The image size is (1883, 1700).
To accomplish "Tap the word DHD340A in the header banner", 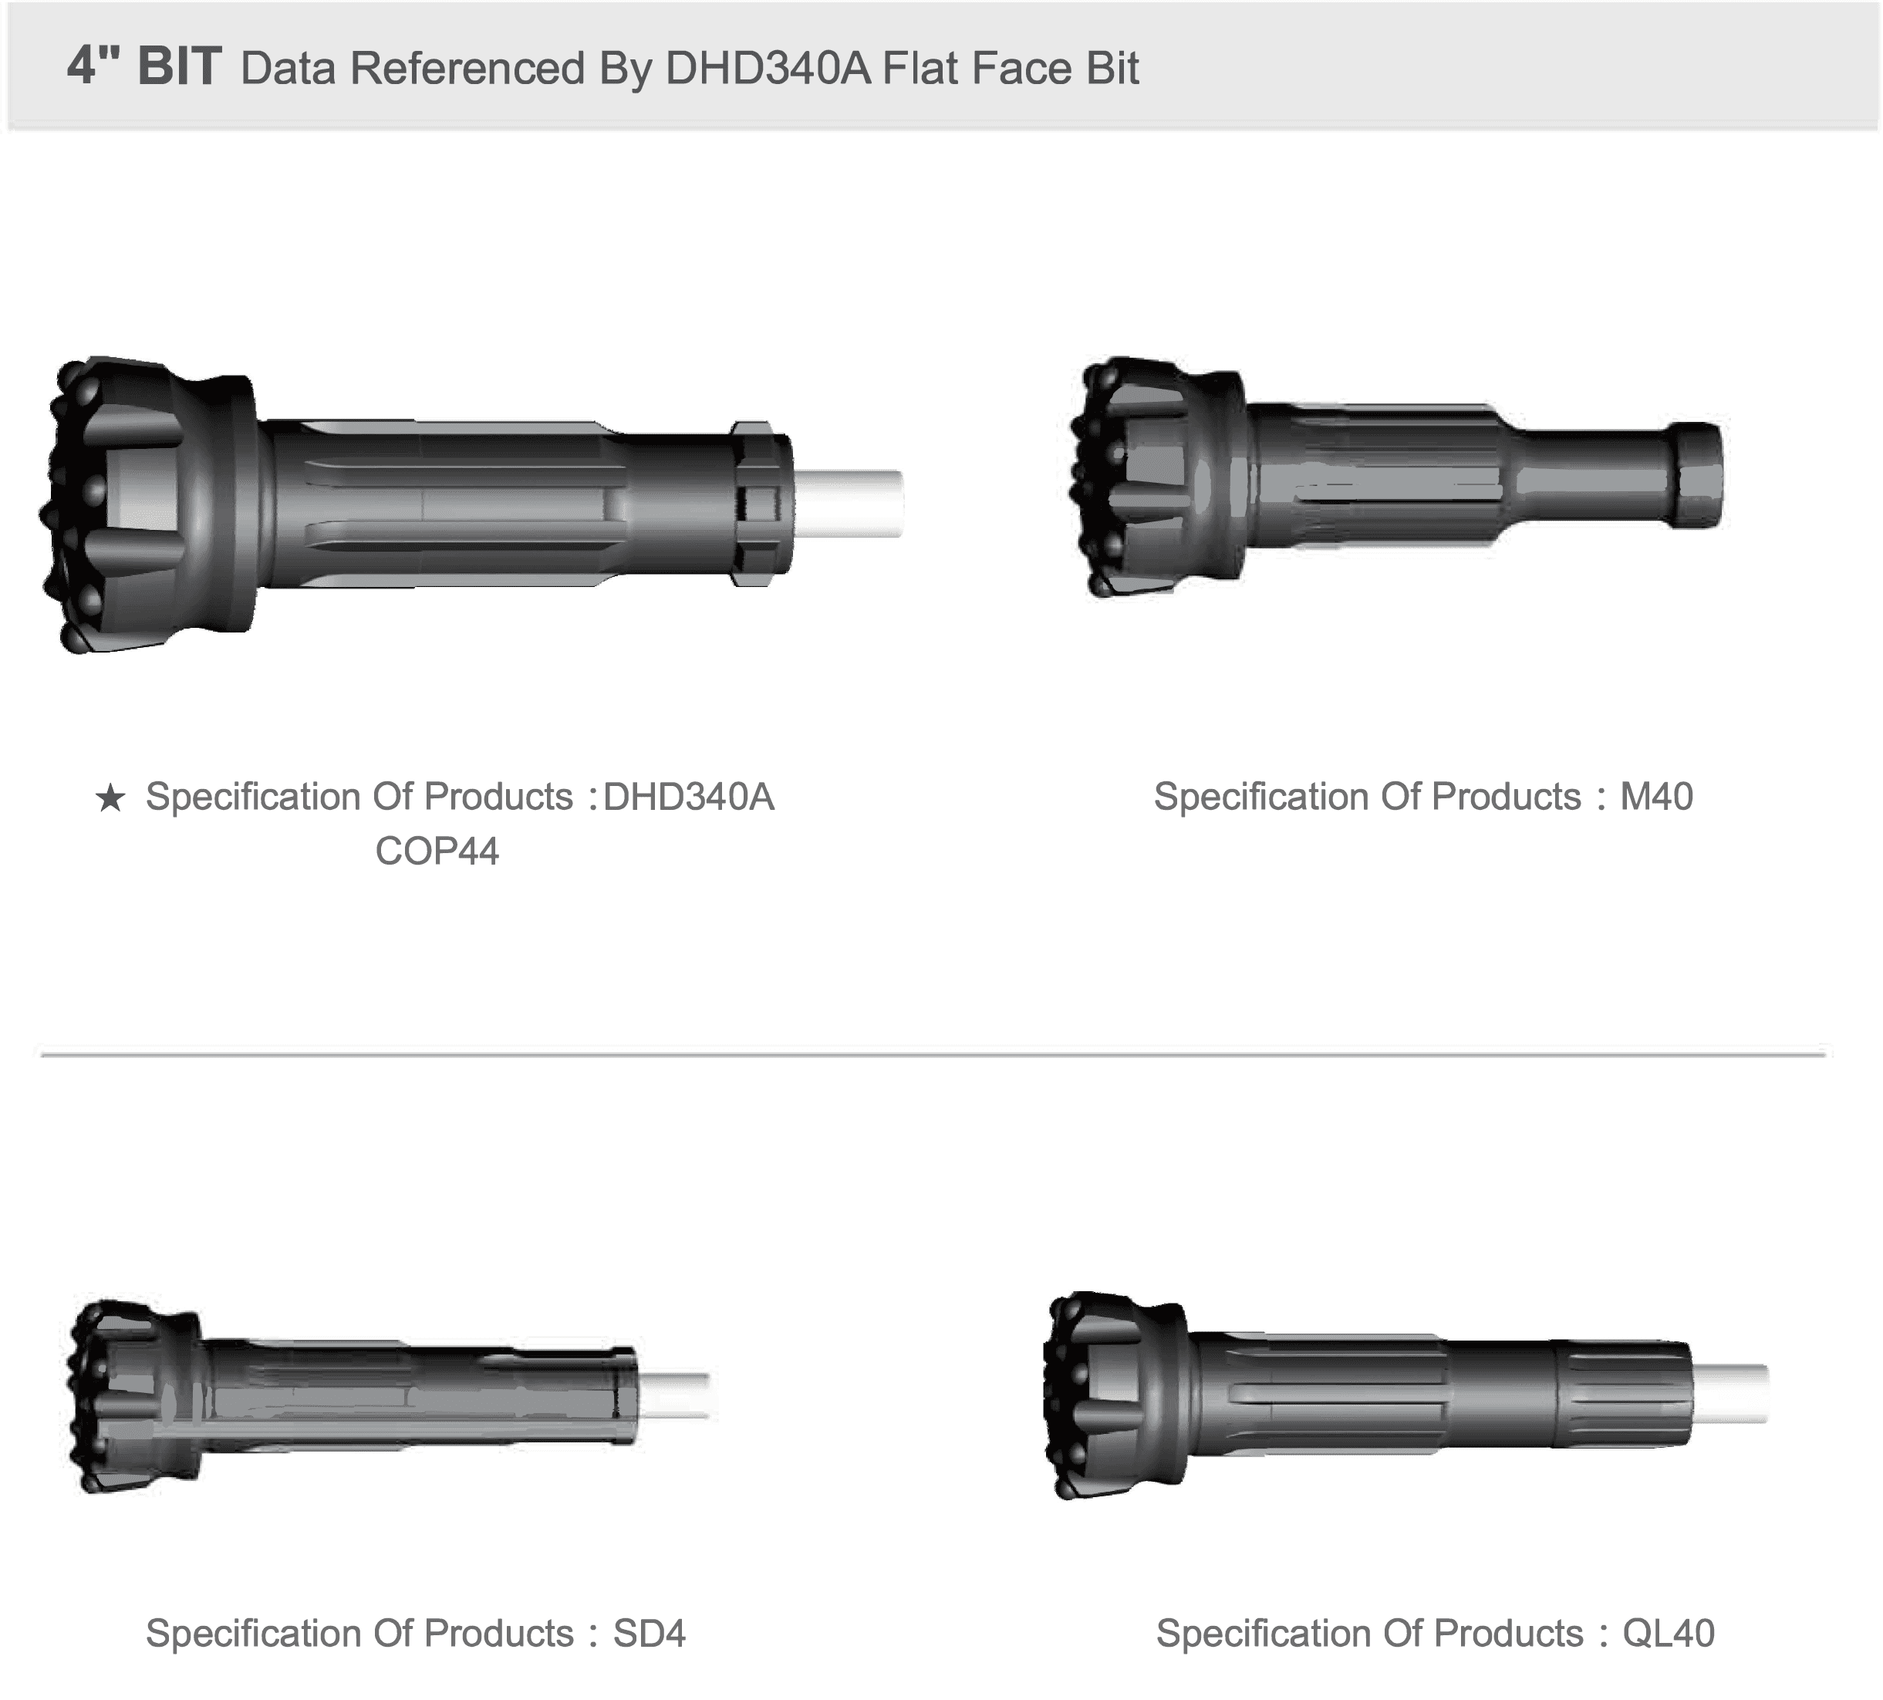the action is [x=767, y=67].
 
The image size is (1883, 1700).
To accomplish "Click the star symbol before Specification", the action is [x=110, y=798].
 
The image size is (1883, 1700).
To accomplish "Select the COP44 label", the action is [x=437, y=851].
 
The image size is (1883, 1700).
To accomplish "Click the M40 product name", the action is [x=1656, y=797].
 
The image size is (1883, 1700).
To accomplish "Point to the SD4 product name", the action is [x=650, y=1634].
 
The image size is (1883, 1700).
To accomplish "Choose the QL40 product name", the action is [x=1669, y=1634].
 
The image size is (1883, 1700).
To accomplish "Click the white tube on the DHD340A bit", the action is [x=848, y=504].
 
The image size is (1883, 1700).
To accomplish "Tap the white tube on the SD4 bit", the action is [x=673, y=1395].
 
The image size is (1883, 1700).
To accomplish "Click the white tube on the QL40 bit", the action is [x=1729, y=1394].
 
